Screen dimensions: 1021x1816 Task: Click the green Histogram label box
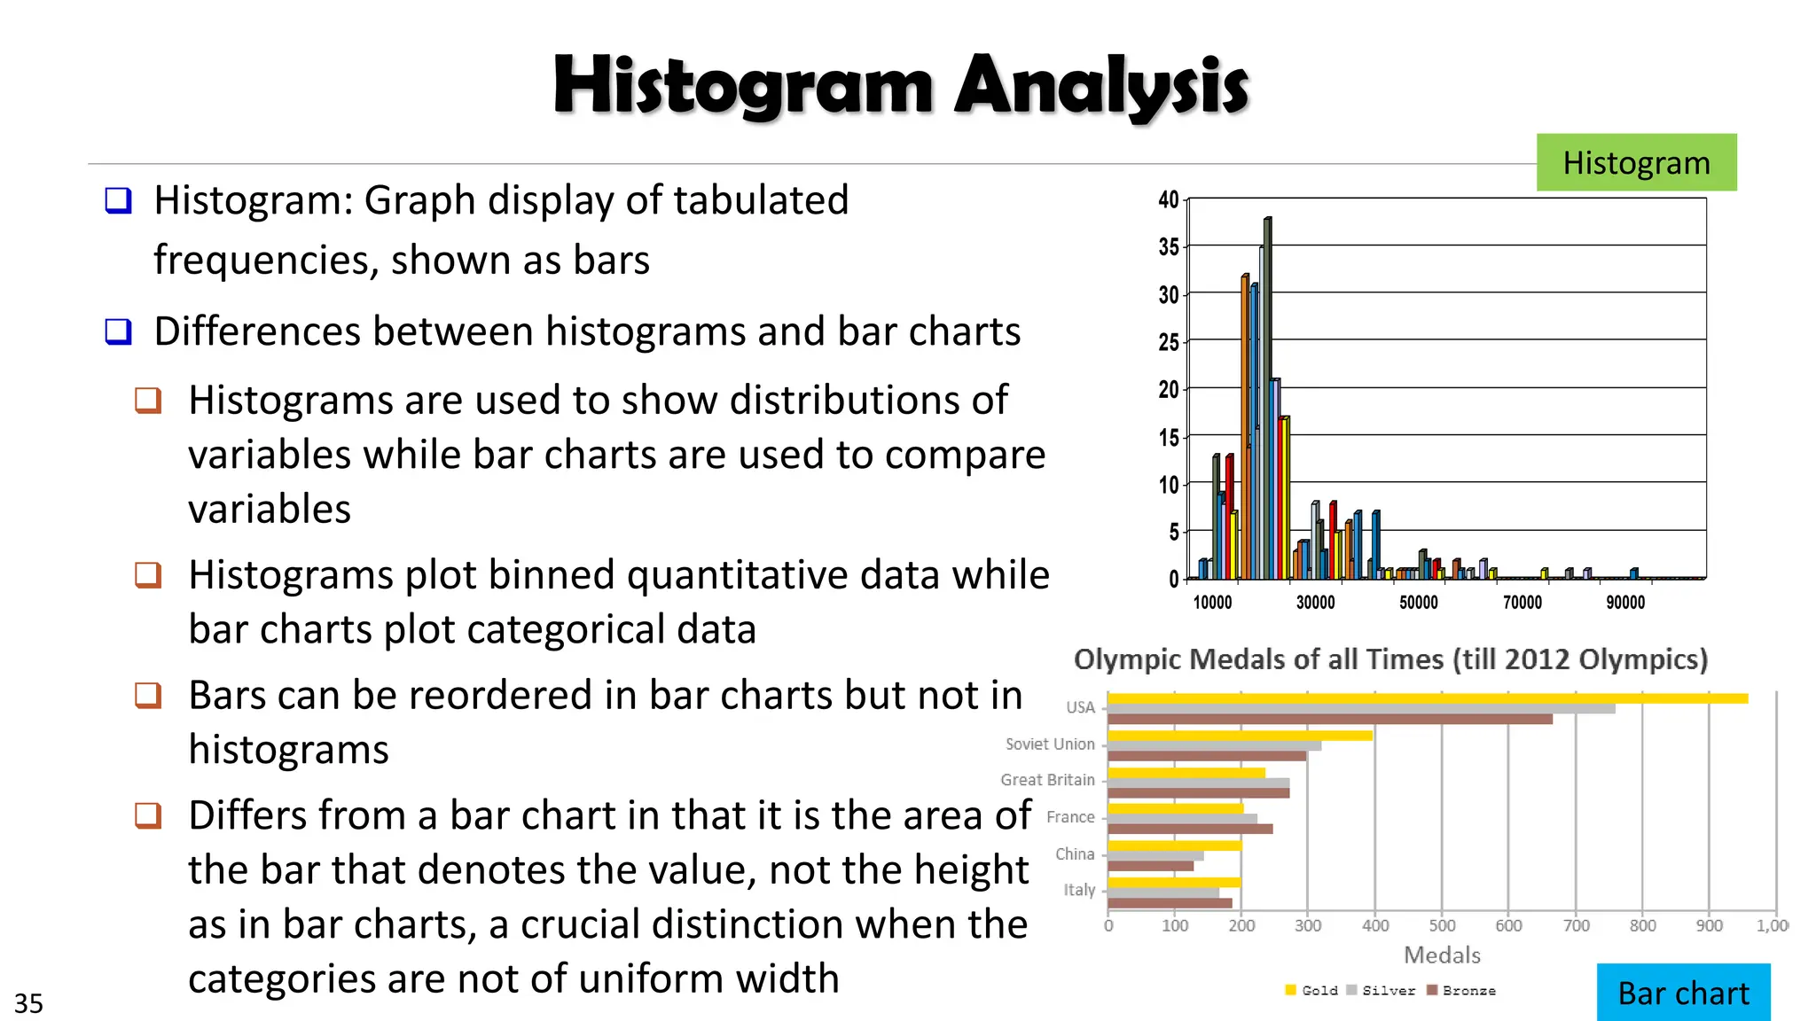[1636, 162]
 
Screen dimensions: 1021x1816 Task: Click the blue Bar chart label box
[1683, 993]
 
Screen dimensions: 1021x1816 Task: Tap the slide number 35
[28, 1003]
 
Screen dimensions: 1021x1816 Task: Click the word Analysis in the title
[1101, 88]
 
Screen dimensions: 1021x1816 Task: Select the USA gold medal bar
[1428, 698]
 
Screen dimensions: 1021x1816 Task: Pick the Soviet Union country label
[1050, 744]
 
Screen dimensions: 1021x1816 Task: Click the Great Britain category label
[1047, 780]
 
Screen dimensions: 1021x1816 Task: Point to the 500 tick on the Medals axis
[1442, 926]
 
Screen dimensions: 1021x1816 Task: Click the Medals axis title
[1442, 955]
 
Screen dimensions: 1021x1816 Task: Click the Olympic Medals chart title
[1390, 660]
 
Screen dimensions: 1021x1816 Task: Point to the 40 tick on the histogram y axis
[1169, 199]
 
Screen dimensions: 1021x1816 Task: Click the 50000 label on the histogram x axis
[1419, 603]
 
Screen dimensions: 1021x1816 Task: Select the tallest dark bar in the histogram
[1267, 399]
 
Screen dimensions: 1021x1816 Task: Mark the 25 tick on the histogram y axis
[1169, 342]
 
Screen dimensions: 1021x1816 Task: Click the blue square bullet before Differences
[118, 331]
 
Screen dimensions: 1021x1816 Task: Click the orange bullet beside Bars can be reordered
[148, 695]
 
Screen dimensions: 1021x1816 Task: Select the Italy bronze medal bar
[1170, 903]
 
